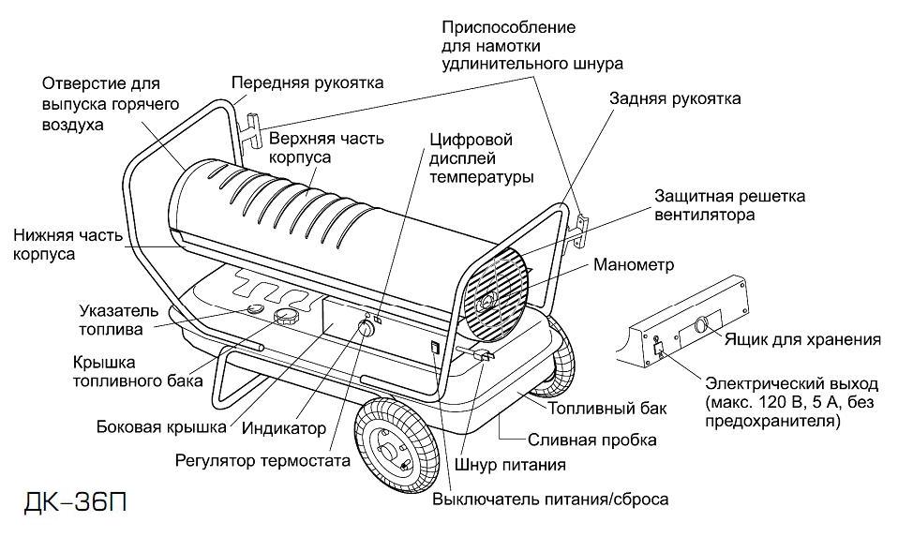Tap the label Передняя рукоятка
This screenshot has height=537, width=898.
307,82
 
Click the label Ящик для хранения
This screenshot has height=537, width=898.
801,339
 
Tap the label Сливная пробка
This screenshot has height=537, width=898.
591,439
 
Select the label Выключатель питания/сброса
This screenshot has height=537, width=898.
550,499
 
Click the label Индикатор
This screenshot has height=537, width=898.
284,428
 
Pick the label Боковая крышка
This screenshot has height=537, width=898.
161,427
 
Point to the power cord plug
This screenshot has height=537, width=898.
484,356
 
